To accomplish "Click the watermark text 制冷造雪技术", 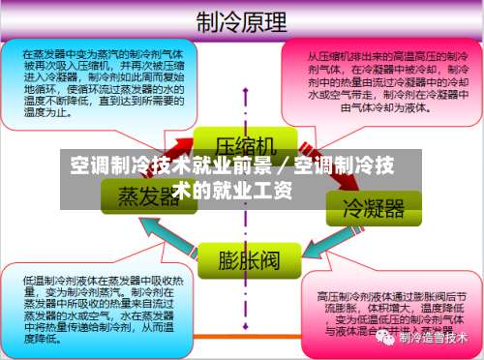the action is [x=435, y=338].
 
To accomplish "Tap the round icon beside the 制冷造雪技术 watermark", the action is [x=387, y=338].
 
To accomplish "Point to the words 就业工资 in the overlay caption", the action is [x=254, y=189].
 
